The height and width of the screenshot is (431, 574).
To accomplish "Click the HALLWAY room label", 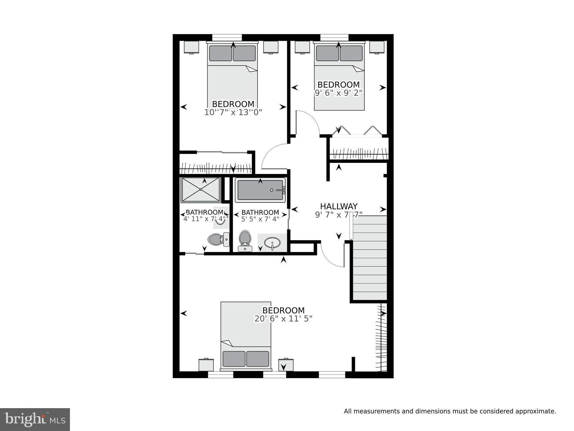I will pyautogui.click(x=339, y=206).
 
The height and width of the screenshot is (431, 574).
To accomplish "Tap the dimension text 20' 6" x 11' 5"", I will pyautogui.click(x=283, y=319).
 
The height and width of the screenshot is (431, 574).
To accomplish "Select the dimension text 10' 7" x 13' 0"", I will pyautogui.click(x=233, y=112).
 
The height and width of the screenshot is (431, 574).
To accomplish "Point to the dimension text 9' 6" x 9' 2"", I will pyautogui.click(x=338, y=93).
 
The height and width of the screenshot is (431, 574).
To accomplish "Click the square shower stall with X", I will pyautogui.click(x=201, y=190).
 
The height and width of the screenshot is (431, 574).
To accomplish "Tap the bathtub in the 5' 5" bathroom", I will pyautogui.click(x=260, y=190).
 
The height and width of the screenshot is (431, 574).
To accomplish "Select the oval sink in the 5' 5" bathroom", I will pyautogui.click(x=272, y=243).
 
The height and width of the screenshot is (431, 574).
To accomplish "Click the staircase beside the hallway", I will pyautogui.click(x=370, y=258).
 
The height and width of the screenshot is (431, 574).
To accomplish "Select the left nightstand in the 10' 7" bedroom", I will pyautogui.click(x=191, y=47).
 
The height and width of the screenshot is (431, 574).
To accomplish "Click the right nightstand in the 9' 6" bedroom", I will pyautogui.click(x=377, y=47).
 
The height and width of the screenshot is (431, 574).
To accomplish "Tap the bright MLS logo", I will pyautogui.click(x=35, y=420).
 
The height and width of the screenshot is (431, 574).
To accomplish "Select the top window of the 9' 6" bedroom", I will pyautogui.click(x=334, y=37).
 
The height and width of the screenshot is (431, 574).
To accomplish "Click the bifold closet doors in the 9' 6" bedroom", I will pyautogui.click(x=357, y=131).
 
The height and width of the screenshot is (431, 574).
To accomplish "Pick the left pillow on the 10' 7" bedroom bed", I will pyautogui.click(x=220, y=53).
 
